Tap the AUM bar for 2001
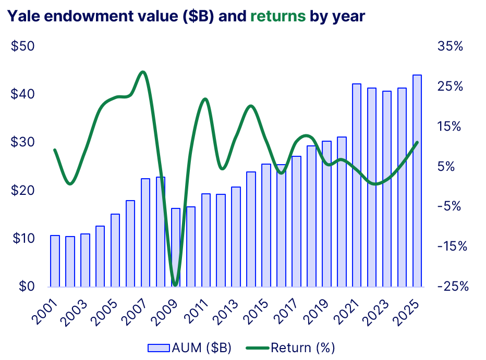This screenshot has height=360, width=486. coord(55,261)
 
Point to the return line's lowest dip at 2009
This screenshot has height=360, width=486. coord(175,284)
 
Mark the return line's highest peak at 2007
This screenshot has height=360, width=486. coord(143,72)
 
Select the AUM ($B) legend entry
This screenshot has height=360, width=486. coord(190,347)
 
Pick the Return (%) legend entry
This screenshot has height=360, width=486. coord(295,347)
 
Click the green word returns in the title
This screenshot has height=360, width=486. coord(278,16)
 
